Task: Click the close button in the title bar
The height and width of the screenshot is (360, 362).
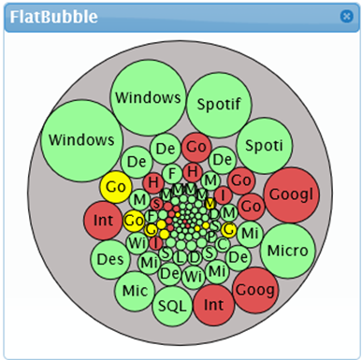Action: pyautogui.click(x=346, y=16)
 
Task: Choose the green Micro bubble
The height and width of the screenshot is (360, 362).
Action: pyautogui.click(x=287, y=251)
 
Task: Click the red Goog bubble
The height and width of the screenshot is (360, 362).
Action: pyautogui.click(x=255, y=290)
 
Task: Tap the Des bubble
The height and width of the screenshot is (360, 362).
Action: pyautogui.click(x=111, y=258)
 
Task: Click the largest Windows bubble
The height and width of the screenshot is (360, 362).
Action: pyautogui.click(x=80, y=140)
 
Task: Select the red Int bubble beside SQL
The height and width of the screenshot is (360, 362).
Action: pyautogui.click(x=214, y=304)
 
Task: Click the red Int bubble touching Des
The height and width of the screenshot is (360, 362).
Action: pyautogui.click(x=103, y=222)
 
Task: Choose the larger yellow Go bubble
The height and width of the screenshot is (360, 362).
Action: pyautogui.click(x=117, y=187)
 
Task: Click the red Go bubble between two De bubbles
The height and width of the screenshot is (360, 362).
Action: pyautogui.click(x=195, y=146)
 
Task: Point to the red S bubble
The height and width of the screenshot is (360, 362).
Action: pyautogui.click(x=157, y=204)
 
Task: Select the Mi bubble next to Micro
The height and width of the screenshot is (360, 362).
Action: pyautogui.click(x=249, y=232)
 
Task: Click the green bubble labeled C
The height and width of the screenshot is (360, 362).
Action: pyautogui.click(x=223, y=243)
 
